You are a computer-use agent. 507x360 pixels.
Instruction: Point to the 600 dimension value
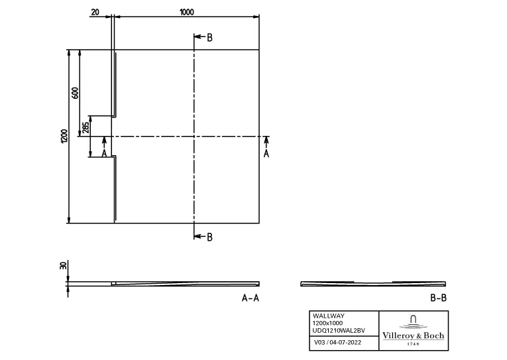75,92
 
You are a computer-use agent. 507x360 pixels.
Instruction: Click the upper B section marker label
210,38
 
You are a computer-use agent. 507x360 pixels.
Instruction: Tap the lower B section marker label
210,237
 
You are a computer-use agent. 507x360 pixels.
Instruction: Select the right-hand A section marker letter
266,153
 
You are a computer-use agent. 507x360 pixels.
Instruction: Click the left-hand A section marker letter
103,153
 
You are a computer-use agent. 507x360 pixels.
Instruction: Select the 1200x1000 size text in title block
327,323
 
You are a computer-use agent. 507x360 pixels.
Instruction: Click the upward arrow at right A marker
266,141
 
